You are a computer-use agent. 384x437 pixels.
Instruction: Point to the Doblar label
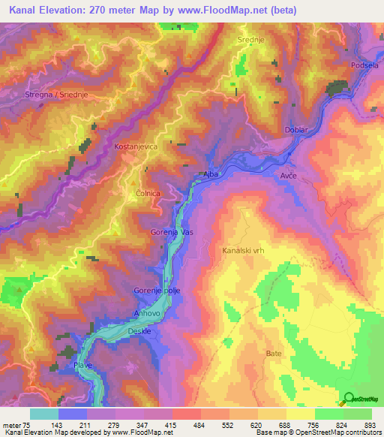pyautogui.click(x=297, y=131)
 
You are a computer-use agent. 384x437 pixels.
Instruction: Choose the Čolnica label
pyautogui.click(x=148, y=194)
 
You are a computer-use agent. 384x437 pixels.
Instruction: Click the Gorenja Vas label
pyautogui.click(x=172, y=233)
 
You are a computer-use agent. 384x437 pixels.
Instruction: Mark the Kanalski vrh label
pyautogui.click(x=244, y=252)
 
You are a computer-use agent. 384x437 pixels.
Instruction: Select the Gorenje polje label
pyautogui.click(x=156, y=291)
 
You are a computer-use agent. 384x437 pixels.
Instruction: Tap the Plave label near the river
pyautogui.click(x=82, y=364)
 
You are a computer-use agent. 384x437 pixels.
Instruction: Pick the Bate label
pyautogui.click(x=274, y=352)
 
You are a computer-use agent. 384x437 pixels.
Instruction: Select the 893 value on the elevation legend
pyautogui.click(x=368, y=425)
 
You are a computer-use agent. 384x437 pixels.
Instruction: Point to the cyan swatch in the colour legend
pyautogui.click(x=44, y=414)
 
